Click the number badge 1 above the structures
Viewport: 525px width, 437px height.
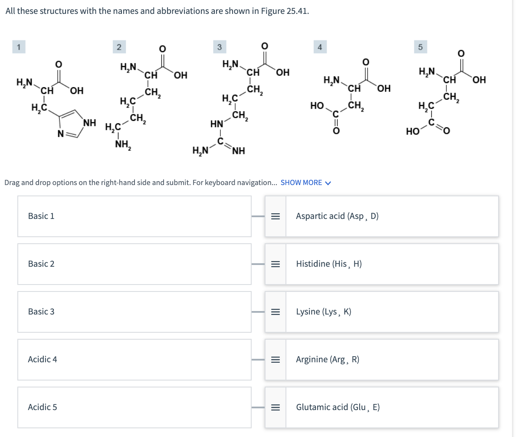tap(18, 46)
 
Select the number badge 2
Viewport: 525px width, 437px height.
tap(118, 46)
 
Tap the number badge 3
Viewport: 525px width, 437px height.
tap(219, 46)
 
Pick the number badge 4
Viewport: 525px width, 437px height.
tap(319, 46)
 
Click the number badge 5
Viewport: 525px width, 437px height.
tap(420, 46)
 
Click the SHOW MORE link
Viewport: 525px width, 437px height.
tap(305, 182)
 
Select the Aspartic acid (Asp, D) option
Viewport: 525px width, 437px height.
tap(337, 216)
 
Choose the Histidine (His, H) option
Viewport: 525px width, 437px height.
tap(329, 264)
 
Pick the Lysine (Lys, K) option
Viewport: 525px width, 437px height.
tap(324, 311)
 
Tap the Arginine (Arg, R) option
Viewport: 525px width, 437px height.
tap(328, 359)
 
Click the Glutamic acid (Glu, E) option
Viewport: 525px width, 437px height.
tap(338, 407)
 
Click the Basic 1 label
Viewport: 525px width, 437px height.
tap(41, 216)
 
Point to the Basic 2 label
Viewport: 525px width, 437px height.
tap(41, 264)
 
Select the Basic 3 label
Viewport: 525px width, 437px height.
tap(41, 311)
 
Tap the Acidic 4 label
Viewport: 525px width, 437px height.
tap(43, 359)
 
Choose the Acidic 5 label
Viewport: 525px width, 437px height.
tap(43, 407)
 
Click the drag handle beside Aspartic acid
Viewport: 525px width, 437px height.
tap(275, 216)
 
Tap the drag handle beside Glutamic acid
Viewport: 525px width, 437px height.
tap(275, 407)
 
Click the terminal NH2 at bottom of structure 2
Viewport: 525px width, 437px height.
tap(123, 146)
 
